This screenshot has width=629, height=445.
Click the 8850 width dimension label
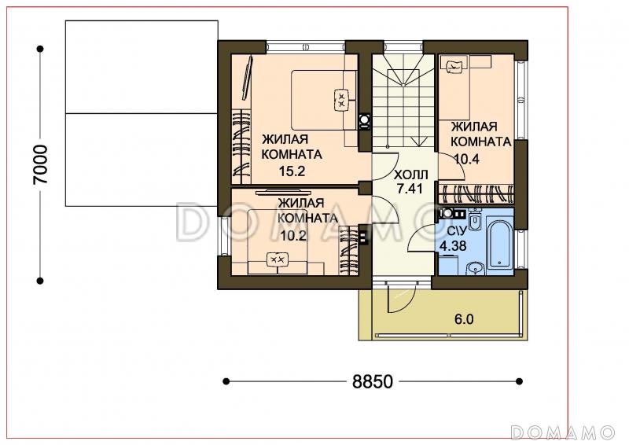372,381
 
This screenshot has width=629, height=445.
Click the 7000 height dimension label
41,164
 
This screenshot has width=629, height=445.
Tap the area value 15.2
292,171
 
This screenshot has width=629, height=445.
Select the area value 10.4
467,160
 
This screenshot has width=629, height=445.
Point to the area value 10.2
293,236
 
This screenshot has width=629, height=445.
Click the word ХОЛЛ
410,175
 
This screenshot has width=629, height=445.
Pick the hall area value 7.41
410,188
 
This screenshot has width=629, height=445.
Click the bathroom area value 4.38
453,245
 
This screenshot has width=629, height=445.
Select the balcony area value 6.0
464,319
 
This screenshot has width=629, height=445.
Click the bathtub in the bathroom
500,244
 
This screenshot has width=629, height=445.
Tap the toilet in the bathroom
475,220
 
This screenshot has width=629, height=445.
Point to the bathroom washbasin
476,267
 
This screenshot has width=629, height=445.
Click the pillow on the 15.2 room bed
342,100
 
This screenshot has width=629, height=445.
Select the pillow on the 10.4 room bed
454,65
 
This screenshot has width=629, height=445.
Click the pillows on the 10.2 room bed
278,260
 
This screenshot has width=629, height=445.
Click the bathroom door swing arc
418,236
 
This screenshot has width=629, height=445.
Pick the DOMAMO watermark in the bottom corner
562,432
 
